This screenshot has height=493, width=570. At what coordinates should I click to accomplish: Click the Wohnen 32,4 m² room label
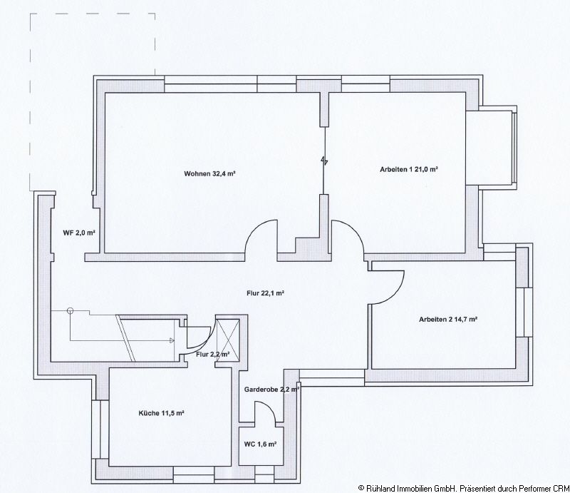click(209, 173)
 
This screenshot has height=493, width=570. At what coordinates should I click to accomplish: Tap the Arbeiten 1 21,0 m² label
click(408, 169)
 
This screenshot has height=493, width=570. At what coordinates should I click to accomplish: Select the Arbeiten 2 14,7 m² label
click(448, 320)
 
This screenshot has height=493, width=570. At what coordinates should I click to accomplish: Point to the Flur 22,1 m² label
click(265, 293)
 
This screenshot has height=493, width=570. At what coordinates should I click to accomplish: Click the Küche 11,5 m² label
click(161, 413)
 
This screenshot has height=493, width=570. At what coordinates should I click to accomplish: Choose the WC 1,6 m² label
click(260, 444)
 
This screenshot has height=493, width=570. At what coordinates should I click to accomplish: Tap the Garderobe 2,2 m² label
click(271, 390)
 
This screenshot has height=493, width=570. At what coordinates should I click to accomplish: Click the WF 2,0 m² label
click(79, 233)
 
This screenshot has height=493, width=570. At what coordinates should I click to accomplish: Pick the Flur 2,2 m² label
click(212, 355)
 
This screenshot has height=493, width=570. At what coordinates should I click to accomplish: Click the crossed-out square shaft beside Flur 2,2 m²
click(228, 340)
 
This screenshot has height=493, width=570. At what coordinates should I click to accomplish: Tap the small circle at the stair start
click(70, 310)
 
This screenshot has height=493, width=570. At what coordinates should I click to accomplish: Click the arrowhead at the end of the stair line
click(172, 341)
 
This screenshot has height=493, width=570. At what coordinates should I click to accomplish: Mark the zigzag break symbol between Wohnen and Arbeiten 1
click(324, 161)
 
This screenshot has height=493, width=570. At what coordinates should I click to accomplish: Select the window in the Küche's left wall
click(95, 430)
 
